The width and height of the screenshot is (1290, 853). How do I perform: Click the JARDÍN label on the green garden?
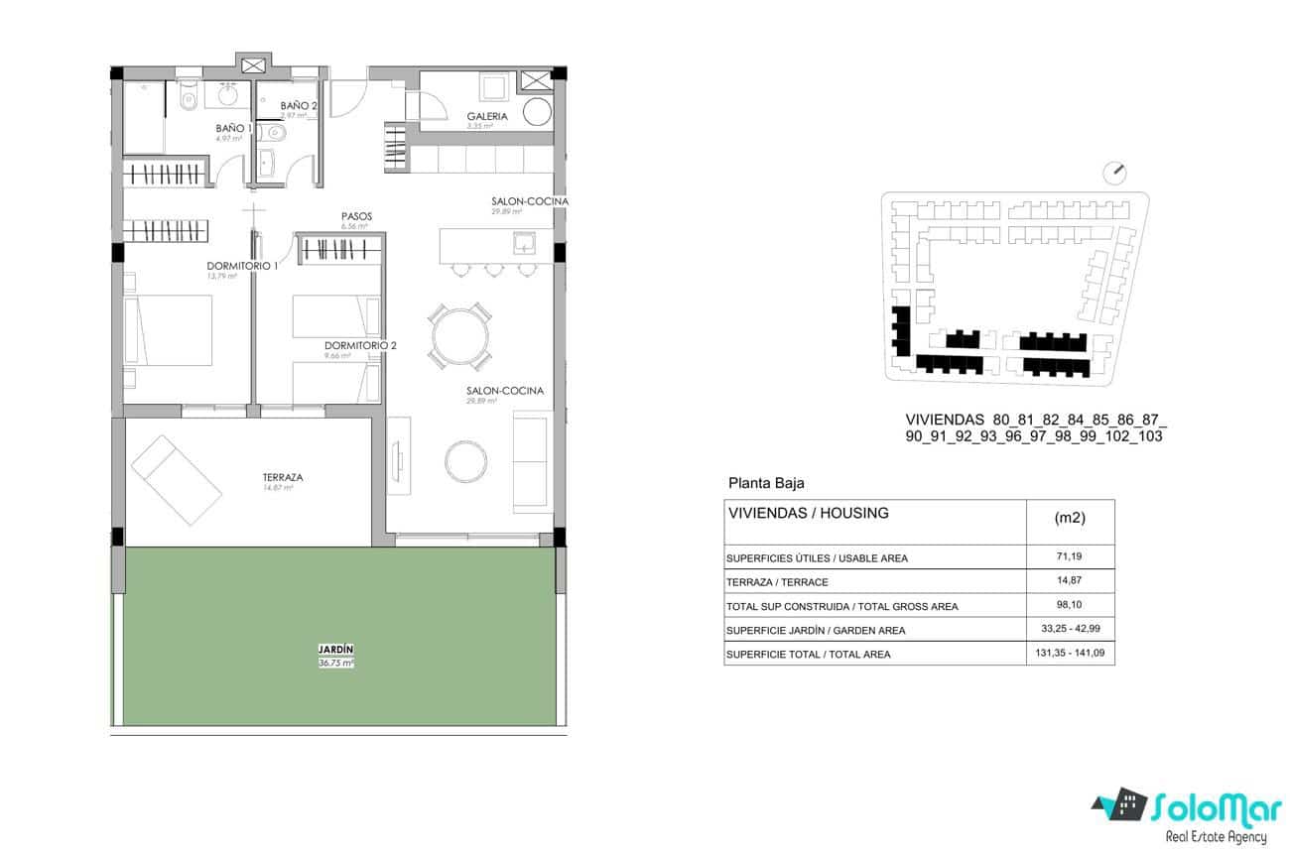pos(335,650)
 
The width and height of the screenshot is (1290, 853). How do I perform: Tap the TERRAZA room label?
pos(283,477)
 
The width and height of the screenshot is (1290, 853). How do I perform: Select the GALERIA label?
pos(487,116)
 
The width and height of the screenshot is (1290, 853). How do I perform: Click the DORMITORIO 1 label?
pos(242,265)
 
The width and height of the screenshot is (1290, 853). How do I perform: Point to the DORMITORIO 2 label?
pos(360,345)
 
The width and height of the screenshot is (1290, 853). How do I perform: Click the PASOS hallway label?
pos(356,215)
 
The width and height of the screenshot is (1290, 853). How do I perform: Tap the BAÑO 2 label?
pos(299,106)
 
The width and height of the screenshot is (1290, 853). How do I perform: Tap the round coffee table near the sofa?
pos(464,458)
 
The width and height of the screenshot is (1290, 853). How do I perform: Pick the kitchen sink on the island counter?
pos(524,243)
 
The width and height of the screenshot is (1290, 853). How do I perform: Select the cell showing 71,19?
pos(1070,557)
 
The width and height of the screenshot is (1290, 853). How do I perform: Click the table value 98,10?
pos(1070,605)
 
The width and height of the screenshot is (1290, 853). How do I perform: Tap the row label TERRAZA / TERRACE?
pos(777,582)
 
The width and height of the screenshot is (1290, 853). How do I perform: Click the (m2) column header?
pos(1070,518)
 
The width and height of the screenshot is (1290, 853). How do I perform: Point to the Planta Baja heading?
pos(766,484)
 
